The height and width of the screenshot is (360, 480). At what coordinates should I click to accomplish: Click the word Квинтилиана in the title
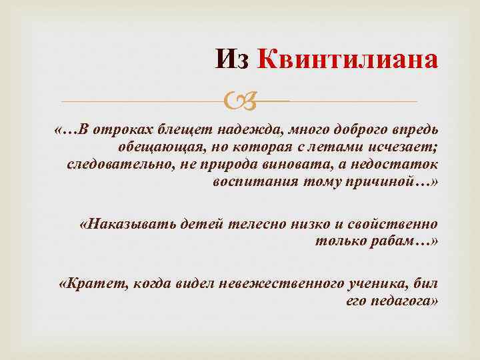[348, 59]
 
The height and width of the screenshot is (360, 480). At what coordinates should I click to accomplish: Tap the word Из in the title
[232, 59]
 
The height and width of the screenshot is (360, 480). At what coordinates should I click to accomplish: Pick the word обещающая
[154, 146]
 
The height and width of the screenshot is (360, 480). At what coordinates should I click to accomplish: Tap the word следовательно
[120, 163]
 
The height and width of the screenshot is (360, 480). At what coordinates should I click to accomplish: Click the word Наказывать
[127, 223]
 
